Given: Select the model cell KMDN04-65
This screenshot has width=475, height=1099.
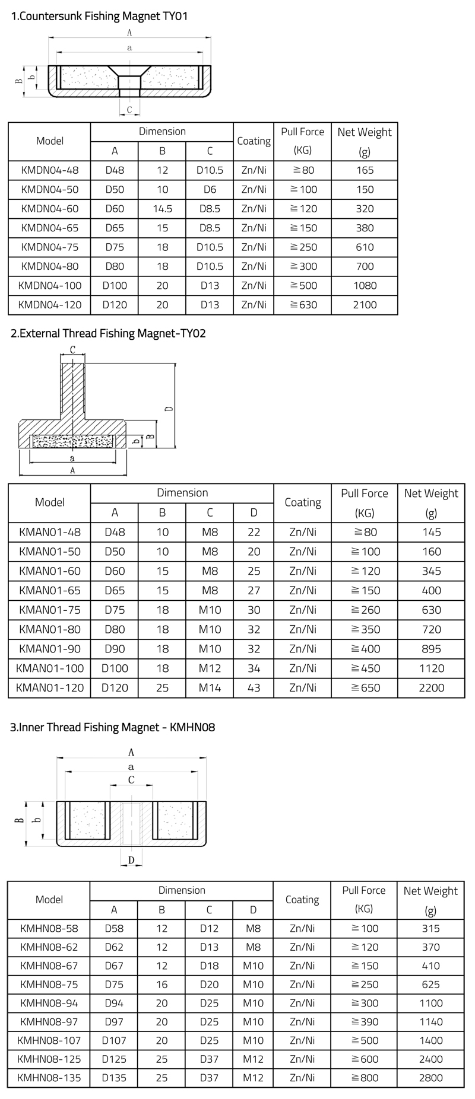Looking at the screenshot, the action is (x=49, y=228).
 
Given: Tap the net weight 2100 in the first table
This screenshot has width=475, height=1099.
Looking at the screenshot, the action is (x=365, y=305).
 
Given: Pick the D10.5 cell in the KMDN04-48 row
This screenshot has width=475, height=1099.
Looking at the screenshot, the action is (x=210, y=170).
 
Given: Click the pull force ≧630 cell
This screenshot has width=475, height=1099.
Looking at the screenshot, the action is (x=303, y=305).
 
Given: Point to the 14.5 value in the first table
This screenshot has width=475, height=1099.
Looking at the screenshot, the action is (x=162, y=209).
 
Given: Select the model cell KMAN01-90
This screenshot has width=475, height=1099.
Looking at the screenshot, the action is (x=49, y=649).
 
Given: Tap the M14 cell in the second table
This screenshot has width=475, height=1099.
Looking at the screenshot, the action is (x=210, y=688).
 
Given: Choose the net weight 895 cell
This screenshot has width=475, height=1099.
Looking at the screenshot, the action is (x=431, y=649).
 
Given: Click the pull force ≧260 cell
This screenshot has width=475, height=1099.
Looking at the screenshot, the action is (x=365, y=610).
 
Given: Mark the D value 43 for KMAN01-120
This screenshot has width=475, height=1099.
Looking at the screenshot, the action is (x=254, y=688).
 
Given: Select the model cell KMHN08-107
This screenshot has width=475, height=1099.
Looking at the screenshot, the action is (x=49, y=1040).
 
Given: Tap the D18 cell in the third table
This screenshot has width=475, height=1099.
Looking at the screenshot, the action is (x=209, y=966).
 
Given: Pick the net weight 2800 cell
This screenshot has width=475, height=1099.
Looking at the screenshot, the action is (x=430, y=1078).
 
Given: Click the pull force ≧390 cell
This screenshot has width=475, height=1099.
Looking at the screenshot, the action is (x=364, y=1022).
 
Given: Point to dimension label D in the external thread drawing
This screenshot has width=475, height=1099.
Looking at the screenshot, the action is (x=168, y=409).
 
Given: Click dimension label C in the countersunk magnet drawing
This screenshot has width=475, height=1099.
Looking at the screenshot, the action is (x=129, y=109).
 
